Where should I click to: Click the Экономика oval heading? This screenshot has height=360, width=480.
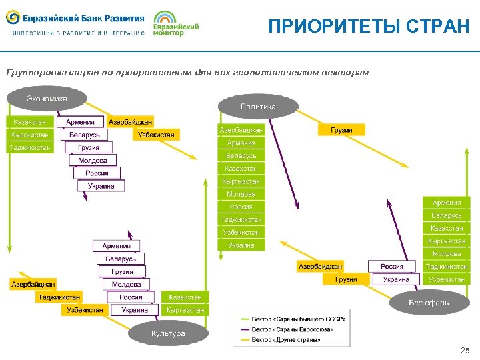[x=47, y=99]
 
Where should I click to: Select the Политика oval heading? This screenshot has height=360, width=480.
[x=257, y=106]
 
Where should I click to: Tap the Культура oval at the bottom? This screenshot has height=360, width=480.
[x=168, y=333]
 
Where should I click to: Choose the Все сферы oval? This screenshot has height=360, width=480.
[x=429, y=303]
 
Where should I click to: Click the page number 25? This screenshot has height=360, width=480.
[x=465, y=350]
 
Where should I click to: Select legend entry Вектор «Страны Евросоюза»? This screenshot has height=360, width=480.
[x=292, y=329]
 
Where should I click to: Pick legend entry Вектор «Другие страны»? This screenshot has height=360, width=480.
[x=286, y=339]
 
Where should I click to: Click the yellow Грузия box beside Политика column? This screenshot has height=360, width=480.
[x=341, y=130]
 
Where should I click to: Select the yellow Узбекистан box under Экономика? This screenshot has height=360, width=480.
[x=156, y=135]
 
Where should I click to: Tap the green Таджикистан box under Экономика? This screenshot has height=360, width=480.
[x=30, y=147]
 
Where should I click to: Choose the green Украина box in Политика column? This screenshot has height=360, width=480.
[x=241, y=245]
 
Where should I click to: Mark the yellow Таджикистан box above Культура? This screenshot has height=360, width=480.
[x=59, y=297]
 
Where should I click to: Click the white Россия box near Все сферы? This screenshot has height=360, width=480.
[x=392, y=267]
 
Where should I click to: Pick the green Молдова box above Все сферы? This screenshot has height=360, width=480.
[x=446, y=254]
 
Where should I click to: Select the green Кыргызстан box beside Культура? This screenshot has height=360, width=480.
[x=185, y=310]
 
